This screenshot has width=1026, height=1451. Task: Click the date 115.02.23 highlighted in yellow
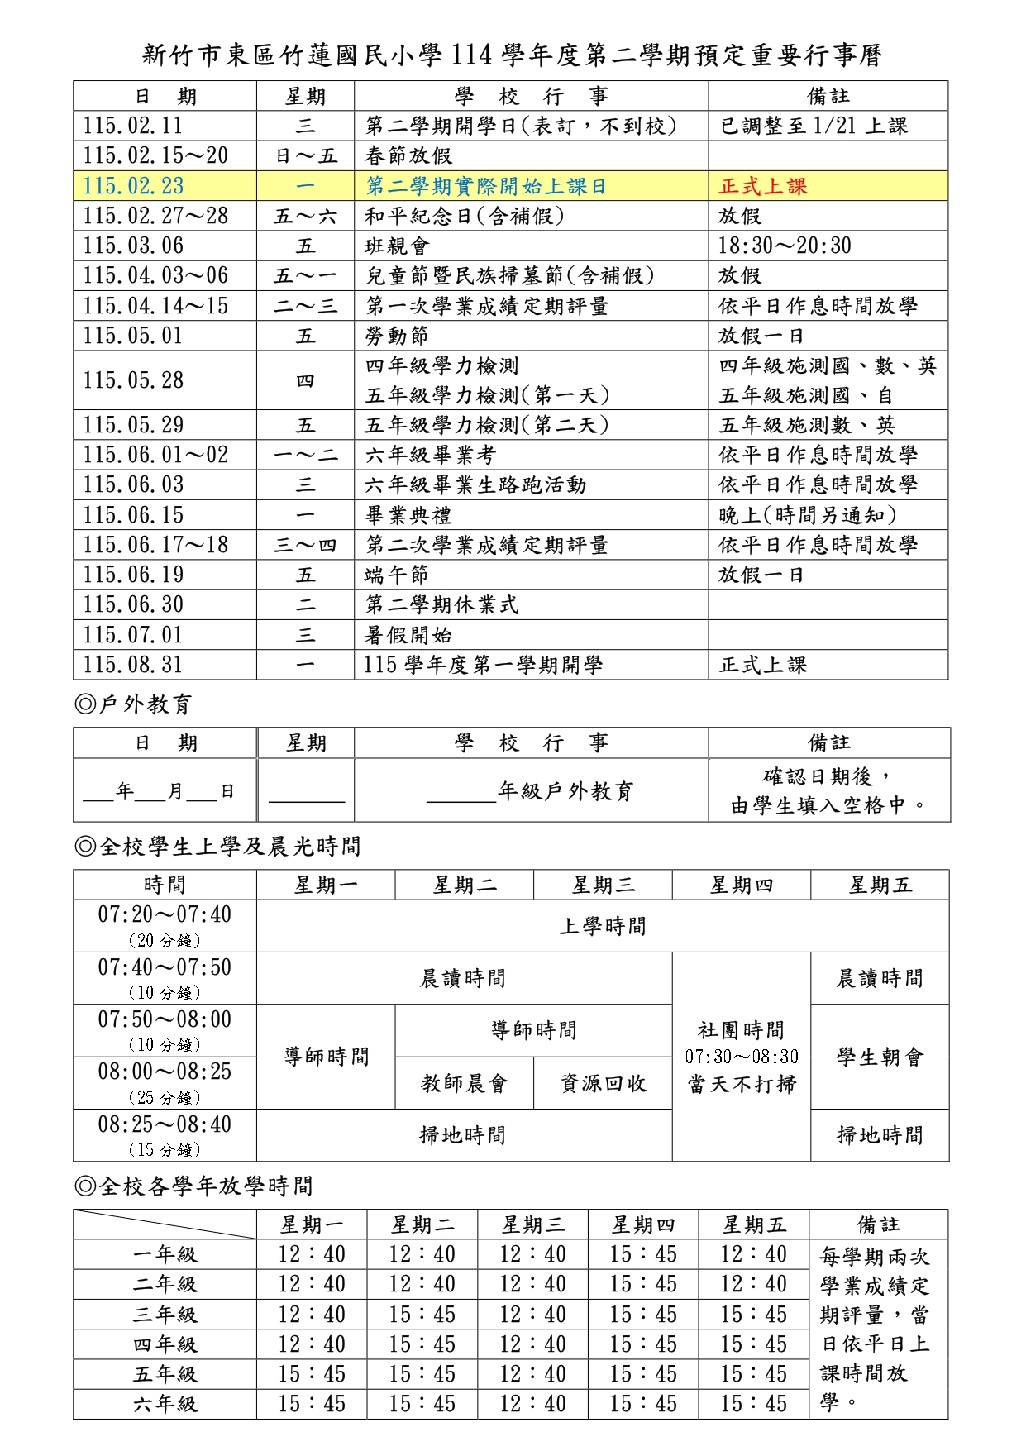click(133, 186)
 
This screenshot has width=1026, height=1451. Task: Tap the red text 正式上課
click(762, 186)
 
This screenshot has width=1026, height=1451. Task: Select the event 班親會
click(397, 246)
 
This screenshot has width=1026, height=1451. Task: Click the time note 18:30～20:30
click(784, 246)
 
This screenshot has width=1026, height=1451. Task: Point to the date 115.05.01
click(133, 336)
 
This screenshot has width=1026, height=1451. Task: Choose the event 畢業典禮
click(408, 516)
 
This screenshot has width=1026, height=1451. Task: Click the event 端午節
click(397, 575)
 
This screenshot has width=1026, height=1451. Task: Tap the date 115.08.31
click(133, 666)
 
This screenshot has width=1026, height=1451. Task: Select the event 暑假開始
click(408, 636)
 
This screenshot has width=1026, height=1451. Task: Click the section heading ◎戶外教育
click(133, 704)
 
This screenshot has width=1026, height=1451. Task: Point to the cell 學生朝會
click(880, 1057)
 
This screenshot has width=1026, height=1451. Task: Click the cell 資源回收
click(603, 1083)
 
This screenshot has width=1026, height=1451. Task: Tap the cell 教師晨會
click(464, 1083)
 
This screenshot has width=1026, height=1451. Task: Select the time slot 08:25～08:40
click(165, 1125)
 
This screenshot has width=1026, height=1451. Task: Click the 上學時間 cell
click(603, 926)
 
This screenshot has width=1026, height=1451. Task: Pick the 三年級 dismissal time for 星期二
click(422, 1315)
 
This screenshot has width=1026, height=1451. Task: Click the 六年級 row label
click(165, 1404)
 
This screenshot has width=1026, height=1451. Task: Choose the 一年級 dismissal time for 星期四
click(642, 1254)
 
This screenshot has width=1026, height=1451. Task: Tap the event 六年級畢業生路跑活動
click(475, 485)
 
